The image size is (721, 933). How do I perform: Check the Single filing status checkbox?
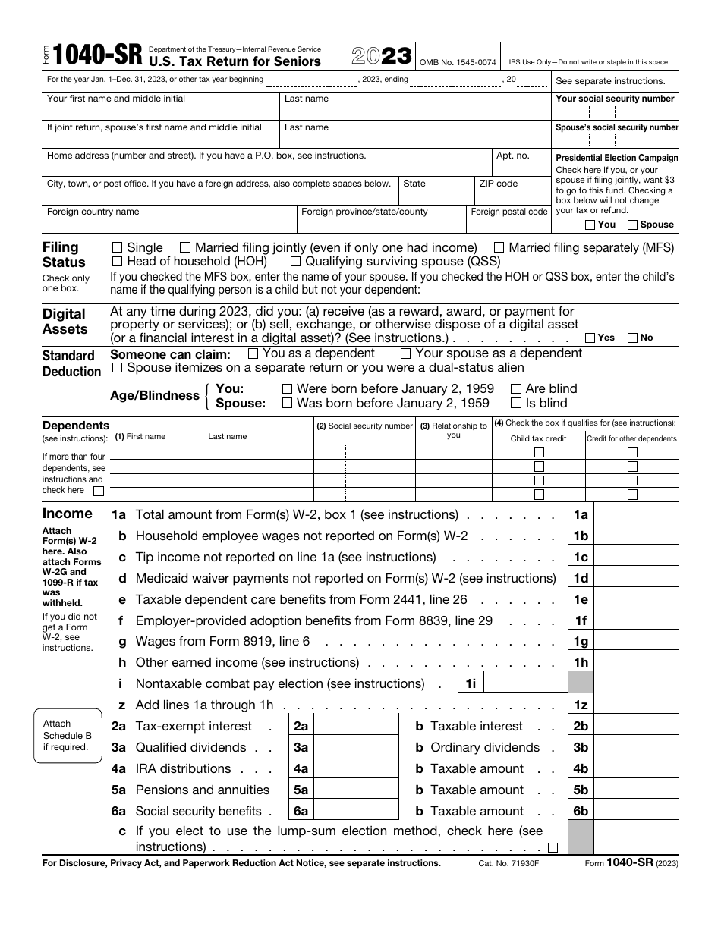click(x=117, y=247)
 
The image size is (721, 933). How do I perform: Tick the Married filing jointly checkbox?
click(x=184, y=247)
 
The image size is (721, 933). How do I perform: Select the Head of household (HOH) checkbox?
click(x=117, y=262)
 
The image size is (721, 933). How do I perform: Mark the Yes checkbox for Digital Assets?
click(x=590, y=338)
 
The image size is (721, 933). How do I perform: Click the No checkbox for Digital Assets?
click(x=632, y=338)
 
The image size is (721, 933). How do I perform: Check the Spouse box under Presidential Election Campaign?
click(x=632, y=225)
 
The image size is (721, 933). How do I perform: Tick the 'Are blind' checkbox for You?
click(x=516, y=389)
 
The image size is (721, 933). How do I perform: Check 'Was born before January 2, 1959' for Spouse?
click(x=287, y=404)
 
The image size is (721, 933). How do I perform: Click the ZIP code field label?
click(x=499, y=184)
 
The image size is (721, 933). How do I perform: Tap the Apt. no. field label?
click(x=512, y=155)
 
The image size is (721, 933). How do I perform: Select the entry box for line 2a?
click(x=355, y=727)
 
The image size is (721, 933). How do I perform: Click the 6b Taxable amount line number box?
click(x=581, y=812)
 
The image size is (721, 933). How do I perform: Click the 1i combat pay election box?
click(x=524, y=684)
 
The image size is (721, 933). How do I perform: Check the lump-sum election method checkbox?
click(x=553, y=847)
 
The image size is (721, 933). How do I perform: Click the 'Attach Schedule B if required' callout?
click(x=68, y=736)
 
